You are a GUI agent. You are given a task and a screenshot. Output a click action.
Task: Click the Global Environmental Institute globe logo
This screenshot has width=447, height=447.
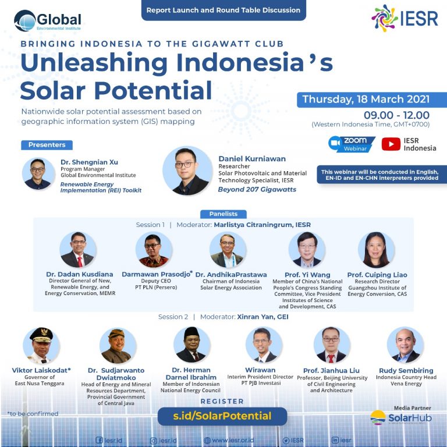(25, 20)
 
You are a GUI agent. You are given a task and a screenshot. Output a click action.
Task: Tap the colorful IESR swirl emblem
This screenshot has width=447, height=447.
(384, 18)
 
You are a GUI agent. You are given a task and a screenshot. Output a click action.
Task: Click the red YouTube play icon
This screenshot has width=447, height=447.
(391, 144)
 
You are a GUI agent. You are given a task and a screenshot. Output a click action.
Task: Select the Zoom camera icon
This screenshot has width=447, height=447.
(335, 143)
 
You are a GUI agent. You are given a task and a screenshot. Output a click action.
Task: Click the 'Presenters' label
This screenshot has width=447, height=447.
(47, 145)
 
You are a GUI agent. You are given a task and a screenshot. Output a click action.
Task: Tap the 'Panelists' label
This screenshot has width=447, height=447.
(223, 214)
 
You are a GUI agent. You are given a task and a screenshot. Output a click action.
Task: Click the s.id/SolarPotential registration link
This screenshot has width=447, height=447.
(222, 416)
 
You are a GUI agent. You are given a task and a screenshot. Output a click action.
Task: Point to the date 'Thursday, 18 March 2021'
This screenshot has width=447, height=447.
(366, 99)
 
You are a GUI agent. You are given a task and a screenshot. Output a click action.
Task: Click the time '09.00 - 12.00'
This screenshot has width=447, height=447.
(396, 115)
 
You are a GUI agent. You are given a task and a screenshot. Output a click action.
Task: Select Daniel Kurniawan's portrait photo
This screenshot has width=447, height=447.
(187, 171)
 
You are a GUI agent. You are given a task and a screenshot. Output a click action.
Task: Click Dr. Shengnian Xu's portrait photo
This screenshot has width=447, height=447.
(38, 173)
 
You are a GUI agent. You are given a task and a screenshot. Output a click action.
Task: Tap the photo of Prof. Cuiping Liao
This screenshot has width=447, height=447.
(377, 250)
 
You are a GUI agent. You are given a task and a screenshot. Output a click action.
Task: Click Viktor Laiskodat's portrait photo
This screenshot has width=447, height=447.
(41, 345)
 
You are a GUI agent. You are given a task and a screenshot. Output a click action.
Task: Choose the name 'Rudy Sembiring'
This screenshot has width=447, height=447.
(406, 370)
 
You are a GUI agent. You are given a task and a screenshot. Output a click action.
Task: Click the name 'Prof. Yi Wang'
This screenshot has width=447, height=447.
(307, 275)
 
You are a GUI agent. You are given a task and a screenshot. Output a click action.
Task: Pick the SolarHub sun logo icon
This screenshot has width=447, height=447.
(378, 417)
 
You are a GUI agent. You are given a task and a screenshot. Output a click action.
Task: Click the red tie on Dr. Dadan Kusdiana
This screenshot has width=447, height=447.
(80, 262)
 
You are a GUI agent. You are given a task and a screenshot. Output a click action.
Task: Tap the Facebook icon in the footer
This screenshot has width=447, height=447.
(99, 440)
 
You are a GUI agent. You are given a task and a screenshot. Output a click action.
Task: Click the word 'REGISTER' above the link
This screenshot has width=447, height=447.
(222, 402)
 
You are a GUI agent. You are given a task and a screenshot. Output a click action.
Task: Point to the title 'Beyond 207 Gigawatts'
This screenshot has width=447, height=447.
(257, 190)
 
